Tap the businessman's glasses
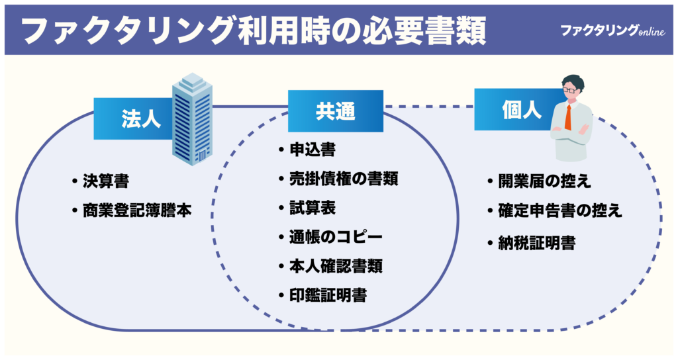pyautogui.click(x=571, y=88)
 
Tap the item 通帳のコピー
pyautogui.click(x=336, y=236)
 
